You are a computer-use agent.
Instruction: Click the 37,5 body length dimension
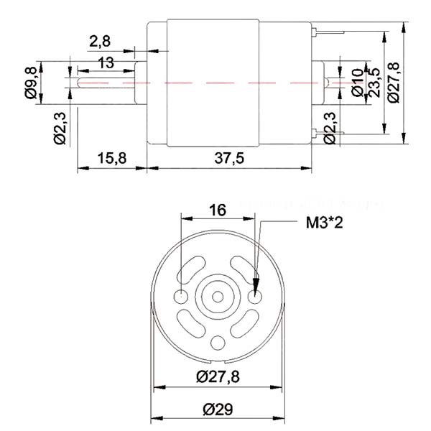click(229, 158)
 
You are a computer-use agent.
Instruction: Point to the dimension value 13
click(106, 62)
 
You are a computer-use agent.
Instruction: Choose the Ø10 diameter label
click(357, 81)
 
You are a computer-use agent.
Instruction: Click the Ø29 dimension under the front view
click(220, 409)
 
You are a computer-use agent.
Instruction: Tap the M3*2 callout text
click(323, 223)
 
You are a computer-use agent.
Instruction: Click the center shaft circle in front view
click(219, 295)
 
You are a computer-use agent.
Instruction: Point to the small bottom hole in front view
click(219, 340)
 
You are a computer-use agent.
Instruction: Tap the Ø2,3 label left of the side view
click(60, 127)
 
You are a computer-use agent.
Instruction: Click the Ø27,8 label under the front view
click(220, 376)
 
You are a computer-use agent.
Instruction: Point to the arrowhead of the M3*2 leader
click(260, 279)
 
